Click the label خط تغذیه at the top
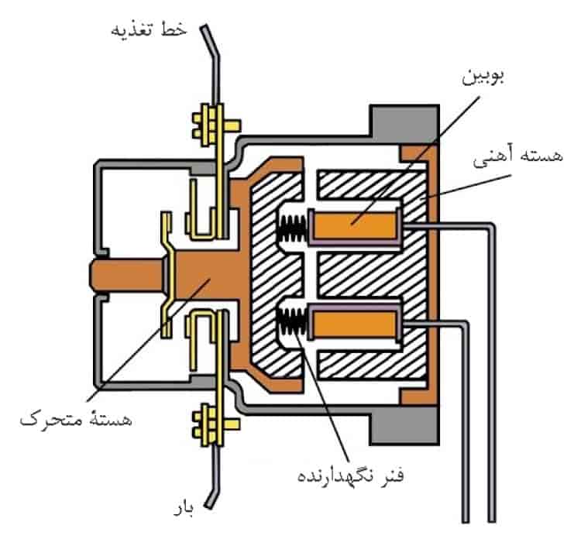pos(149,29)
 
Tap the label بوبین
pos(483,77)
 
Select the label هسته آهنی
pos(517,156)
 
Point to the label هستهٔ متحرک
pos(76,419)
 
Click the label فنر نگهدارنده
pos(350,475)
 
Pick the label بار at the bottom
pos(184,510)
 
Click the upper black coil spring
pos(292,227)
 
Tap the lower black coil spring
pos(292,321)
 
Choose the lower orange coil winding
pos(355,323)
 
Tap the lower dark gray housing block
pos(404,425)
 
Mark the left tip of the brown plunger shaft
pos(90,275)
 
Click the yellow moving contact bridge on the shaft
pos(167,274)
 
